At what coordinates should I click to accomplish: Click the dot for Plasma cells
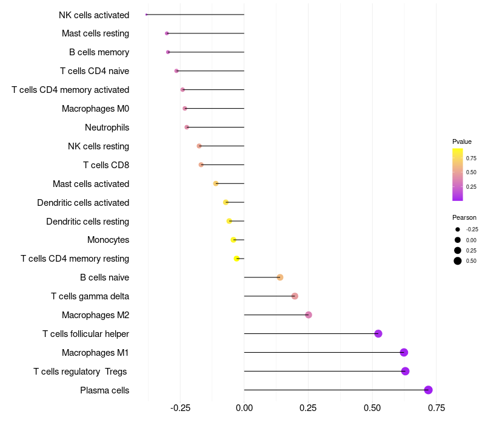click(428, 390)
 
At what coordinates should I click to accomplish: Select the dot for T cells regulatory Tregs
click(405, 371)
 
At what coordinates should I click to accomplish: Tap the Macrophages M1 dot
click(404, 352)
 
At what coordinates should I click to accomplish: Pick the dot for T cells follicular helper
click(378, 333)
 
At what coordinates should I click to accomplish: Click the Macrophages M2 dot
click(309, 314)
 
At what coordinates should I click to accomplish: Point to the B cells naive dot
click(280, 277)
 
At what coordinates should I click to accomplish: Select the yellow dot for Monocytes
click(233, 240)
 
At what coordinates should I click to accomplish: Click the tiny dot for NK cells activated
click(147, 15)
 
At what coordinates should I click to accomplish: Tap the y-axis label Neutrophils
click(107, 127)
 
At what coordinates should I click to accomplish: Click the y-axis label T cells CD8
click(105, 165)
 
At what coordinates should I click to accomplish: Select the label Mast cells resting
click(95, 33)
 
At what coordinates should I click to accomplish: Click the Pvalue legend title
click(462, 141)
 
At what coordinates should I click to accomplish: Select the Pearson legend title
click(464, 217)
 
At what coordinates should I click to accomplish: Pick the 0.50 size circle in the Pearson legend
click(458, 261)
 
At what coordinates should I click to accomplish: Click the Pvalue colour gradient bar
click(458, 174)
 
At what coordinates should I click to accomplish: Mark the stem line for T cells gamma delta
click(269, 296)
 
